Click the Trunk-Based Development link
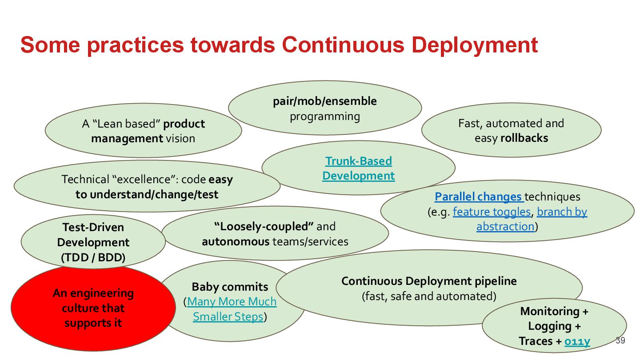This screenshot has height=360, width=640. coord(358,168)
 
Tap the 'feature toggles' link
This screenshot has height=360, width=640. coord(492,212)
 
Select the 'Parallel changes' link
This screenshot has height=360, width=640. coord(478,196)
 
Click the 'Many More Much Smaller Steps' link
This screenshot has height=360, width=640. coord(231,309)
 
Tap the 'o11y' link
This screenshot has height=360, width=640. coord(577,341)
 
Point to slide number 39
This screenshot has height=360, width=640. coord(620,341)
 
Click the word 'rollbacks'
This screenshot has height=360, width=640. coord(524,138)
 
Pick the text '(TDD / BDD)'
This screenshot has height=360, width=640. coord(93,257)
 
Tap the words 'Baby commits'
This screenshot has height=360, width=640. coord(230,287)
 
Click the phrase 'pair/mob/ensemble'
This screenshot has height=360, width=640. coord(324,101)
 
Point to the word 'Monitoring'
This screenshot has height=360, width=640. coord(550,311)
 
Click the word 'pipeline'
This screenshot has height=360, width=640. coord(496,281)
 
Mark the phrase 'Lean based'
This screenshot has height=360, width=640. coord(127,124)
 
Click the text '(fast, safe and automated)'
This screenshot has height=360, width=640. coord(429,296)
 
